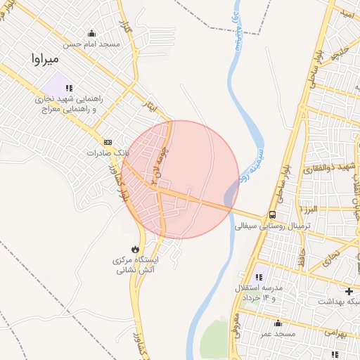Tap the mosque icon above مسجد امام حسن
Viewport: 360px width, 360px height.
pos(91,33)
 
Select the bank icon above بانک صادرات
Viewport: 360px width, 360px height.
pos(107,141)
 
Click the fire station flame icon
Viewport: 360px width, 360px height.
pos(134,249)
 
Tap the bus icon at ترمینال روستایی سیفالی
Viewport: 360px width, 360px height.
pos(272,215)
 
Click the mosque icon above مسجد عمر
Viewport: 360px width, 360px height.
pos(278,323)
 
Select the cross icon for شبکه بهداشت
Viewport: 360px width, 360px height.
pos(349,290)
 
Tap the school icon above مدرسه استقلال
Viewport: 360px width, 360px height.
pos(259,278)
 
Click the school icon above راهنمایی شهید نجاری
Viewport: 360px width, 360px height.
pos(68,88)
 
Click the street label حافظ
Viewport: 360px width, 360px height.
pos(303,255)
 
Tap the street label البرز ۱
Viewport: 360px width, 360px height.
pos(308,210)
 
